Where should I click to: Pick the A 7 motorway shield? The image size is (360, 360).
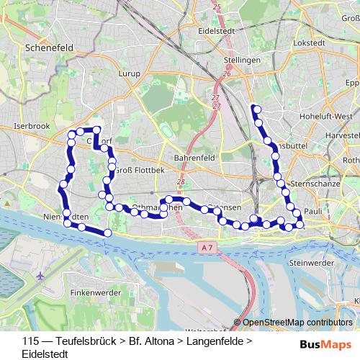[207, 247]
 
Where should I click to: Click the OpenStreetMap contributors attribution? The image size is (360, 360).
[297, 323]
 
